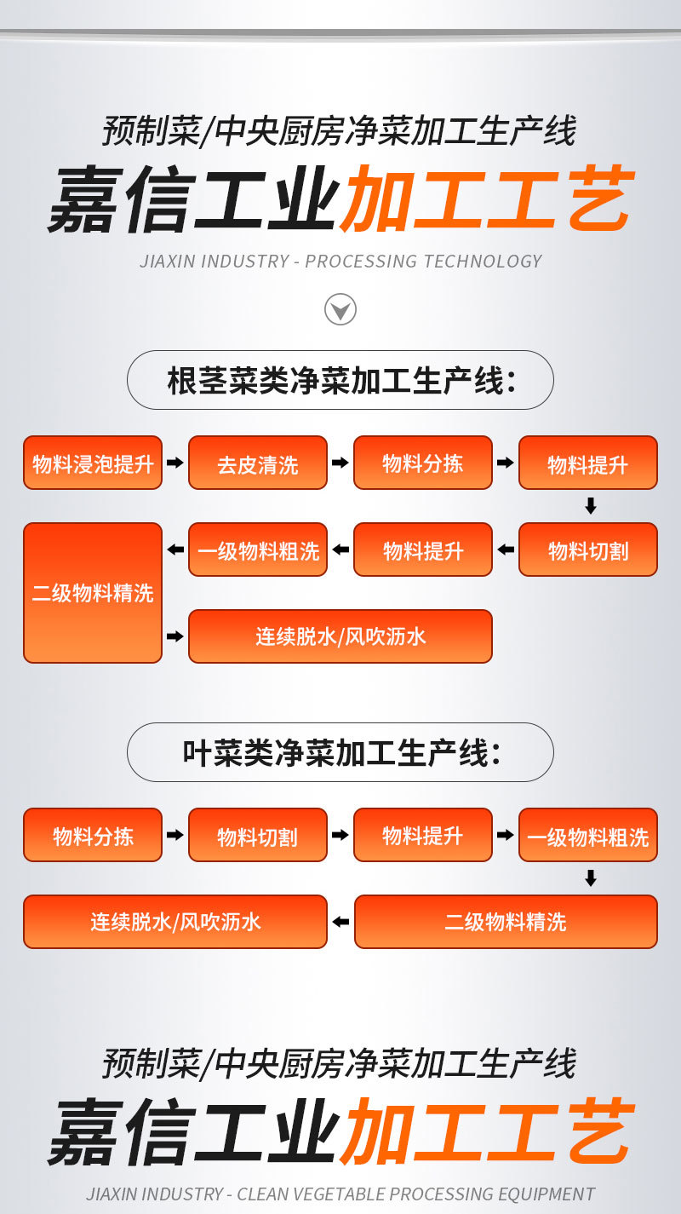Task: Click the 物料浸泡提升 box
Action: click(x=93, y=463)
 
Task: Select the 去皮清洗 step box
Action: click(x=258, y=463)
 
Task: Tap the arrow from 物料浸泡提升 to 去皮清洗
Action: click(x=175, y=463)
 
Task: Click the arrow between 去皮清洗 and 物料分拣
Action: click(x=340, y=463)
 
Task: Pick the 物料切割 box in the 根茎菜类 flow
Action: click(x=588, y=549)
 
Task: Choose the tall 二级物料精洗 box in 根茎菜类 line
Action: click(x=93, y=592)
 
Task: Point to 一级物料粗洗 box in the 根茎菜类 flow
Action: click(x=258, y=549)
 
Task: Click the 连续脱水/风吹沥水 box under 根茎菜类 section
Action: click(x=340, y=636)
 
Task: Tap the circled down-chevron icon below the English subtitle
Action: click(x=340, y=309)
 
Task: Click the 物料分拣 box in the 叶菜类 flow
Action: click(x=93, y=835)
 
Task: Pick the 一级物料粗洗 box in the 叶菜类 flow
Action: click(x=588, y=835)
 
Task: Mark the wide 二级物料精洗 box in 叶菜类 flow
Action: click(x=506, y=921)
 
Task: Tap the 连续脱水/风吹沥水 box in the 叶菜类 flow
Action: click(x=175, y=921)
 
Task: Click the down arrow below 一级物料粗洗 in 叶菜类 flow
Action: click(x=591, y=878)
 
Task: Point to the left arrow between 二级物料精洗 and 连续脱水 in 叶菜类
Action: click(x=340, y=921)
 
